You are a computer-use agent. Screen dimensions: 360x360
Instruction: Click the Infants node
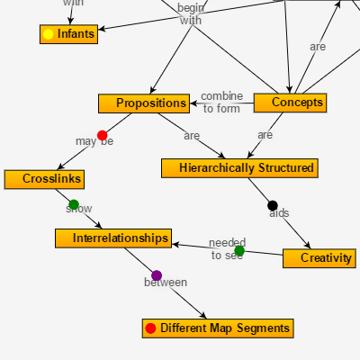click(x=68, y=34)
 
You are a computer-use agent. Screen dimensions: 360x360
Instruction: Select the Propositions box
click(x=144, y=103)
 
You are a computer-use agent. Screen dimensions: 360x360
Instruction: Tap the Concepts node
click(x=290, y=103)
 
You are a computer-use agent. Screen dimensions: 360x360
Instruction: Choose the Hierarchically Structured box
click(x=239, y=167)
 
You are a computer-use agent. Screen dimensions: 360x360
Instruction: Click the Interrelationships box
click(x=112, y=238)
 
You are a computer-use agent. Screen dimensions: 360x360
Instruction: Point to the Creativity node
click(x=319, y=258)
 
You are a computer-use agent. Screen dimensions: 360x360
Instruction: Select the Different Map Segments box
click(x=219, y=328)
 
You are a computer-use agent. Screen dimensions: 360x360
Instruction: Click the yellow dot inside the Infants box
click(x=49, y=34)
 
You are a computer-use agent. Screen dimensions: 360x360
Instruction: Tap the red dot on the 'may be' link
click(x=102, y=135)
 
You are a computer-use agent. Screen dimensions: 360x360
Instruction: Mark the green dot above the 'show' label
click(x=74, y=204)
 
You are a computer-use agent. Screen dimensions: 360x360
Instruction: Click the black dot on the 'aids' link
click(x=273, y=206)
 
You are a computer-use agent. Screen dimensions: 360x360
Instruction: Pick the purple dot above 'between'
click(x=157, y=275)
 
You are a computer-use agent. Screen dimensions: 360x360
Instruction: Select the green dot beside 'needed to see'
click(x=239, y=251)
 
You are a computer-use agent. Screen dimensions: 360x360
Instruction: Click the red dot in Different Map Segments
click(x=150, y=328)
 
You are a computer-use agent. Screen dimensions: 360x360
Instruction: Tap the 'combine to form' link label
click(x=221, y=103)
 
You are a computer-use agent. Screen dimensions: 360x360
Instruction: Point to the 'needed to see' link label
click(x=227, y=249)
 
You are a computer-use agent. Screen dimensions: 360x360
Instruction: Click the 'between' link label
click(x=166, y=283)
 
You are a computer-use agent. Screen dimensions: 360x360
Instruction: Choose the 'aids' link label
click(x=279, y=213)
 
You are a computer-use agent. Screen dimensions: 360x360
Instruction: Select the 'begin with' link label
click(x=191, y=13)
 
